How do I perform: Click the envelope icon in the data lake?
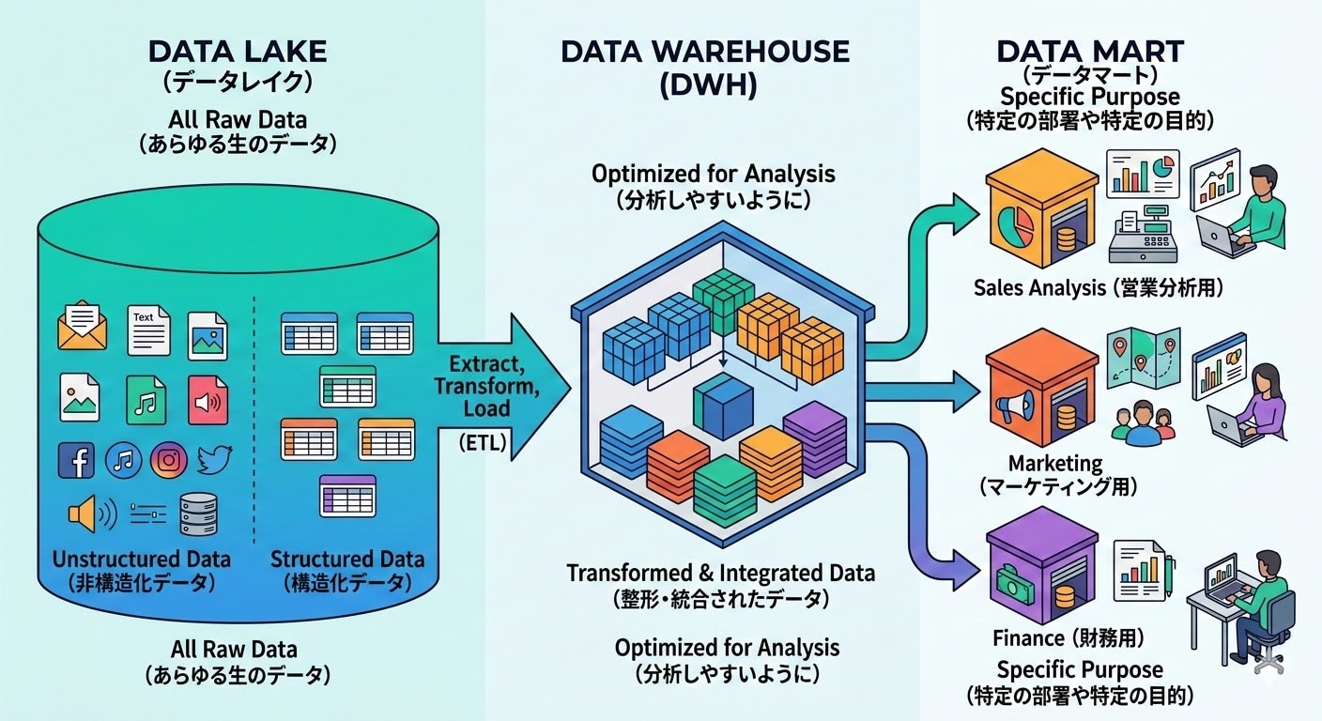pyautogui.click(x=83, y=326)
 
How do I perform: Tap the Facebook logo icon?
pyautogui.click(x=76, y=460)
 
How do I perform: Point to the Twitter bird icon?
pyautogui.click(x=215, y=459)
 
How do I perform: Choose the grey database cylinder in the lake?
pyautogui.click(x=198, y=514)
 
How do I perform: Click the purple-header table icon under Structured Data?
pyautogui.click(x=347, y=494)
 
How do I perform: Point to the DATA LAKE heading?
pyautogui.click(x=238, y=51)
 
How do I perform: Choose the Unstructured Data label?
pyautogui.click(x=142, y=559)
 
